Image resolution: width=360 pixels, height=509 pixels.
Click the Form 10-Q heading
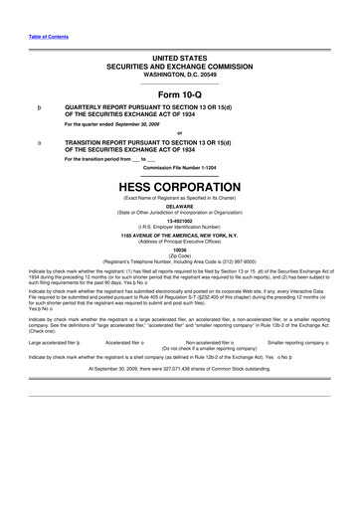point(179,92)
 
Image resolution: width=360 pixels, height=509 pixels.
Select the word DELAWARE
point(179,207)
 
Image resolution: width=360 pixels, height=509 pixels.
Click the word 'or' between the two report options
point(179,133)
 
